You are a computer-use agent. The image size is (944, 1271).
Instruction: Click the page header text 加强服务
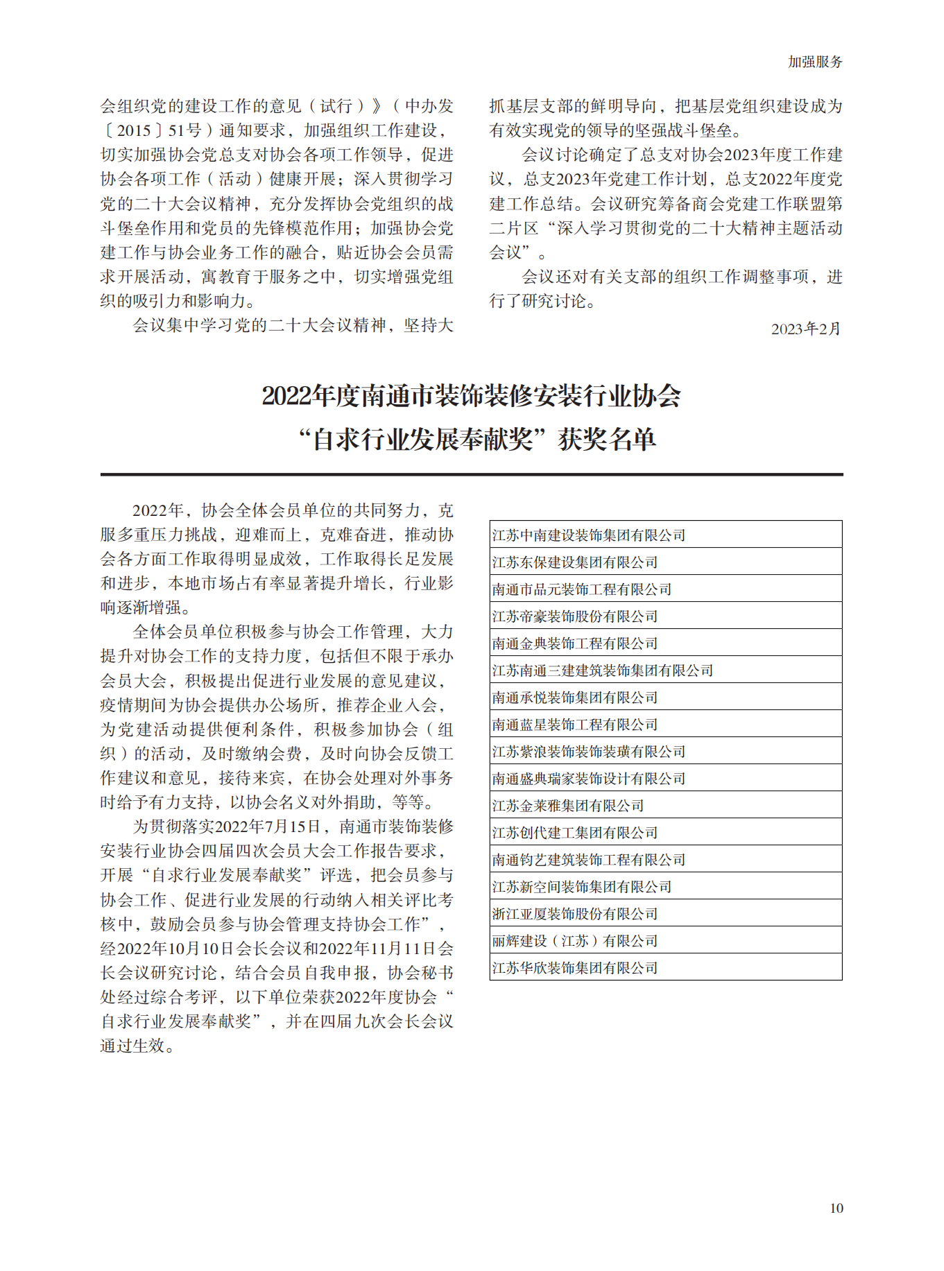(x=814, y=62)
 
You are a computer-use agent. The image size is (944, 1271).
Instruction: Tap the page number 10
(x=836, y=1209)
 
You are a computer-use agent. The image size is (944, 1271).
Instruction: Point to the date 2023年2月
(x=805, y=329)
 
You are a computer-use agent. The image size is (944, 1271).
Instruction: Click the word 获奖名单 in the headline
(x=607, y=440)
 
